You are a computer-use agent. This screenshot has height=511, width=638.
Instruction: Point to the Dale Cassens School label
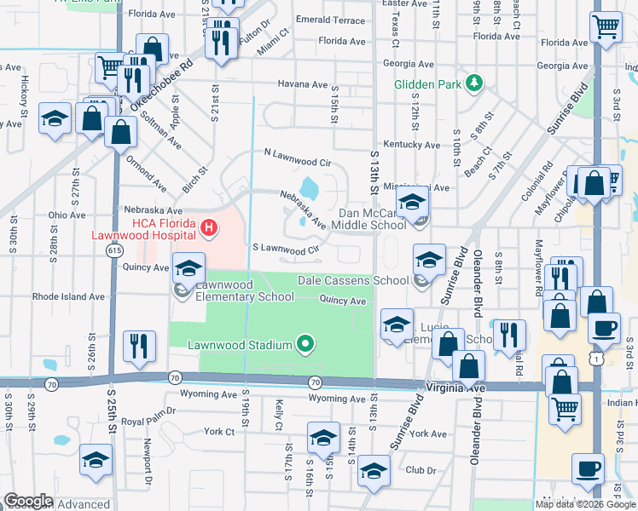[352, 280]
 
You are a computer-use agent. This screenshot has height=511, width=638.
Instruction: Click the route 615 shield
[113, 250]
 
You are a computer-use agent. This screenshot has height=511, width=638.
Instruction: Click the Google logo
[27, 501]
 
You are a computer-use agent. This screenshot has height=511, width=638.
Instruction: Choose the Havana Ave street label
[303, 84]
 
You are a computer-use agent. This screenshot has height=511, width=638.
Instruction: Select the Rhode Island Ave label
[68, 297]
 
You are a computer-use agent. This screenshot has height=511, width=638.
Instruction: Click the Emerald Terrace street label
[329, 20]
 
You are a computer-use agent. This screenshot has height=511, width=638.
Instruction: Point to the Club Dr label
[420, 470]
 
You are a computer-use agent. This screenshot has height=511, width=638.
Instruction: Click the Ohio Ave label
[67, 215]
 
